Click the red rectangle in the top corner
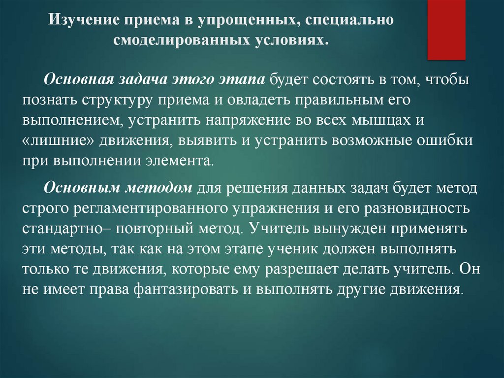tap(446, 30)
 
